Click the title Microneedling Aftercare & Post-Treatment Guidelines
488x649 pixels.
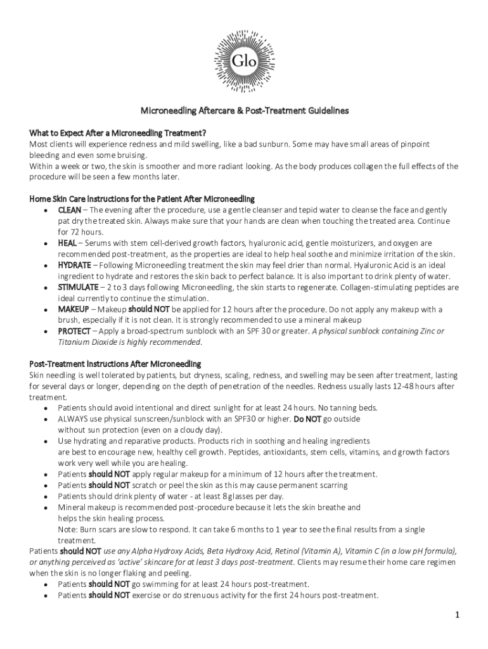244,110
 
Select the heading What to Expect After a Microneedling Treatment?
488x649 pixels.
118,132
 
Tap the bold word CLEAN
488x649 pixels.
69,210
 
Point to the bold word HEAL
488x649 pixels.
67,243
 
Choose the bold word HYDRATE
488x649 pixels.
74,265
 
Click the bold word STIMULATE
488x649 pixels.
78,287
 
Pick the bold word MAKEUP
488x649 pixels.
74,309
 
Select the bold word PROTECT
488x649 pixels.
74,331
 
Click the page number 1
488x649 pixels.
456,615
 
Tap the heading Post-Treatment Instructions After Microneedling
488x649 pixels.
115,364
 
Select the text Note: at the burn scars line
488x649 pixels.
68,529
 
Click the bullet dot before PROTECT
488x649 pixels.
46,331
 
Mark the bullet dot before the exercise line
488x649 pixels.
46,595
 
